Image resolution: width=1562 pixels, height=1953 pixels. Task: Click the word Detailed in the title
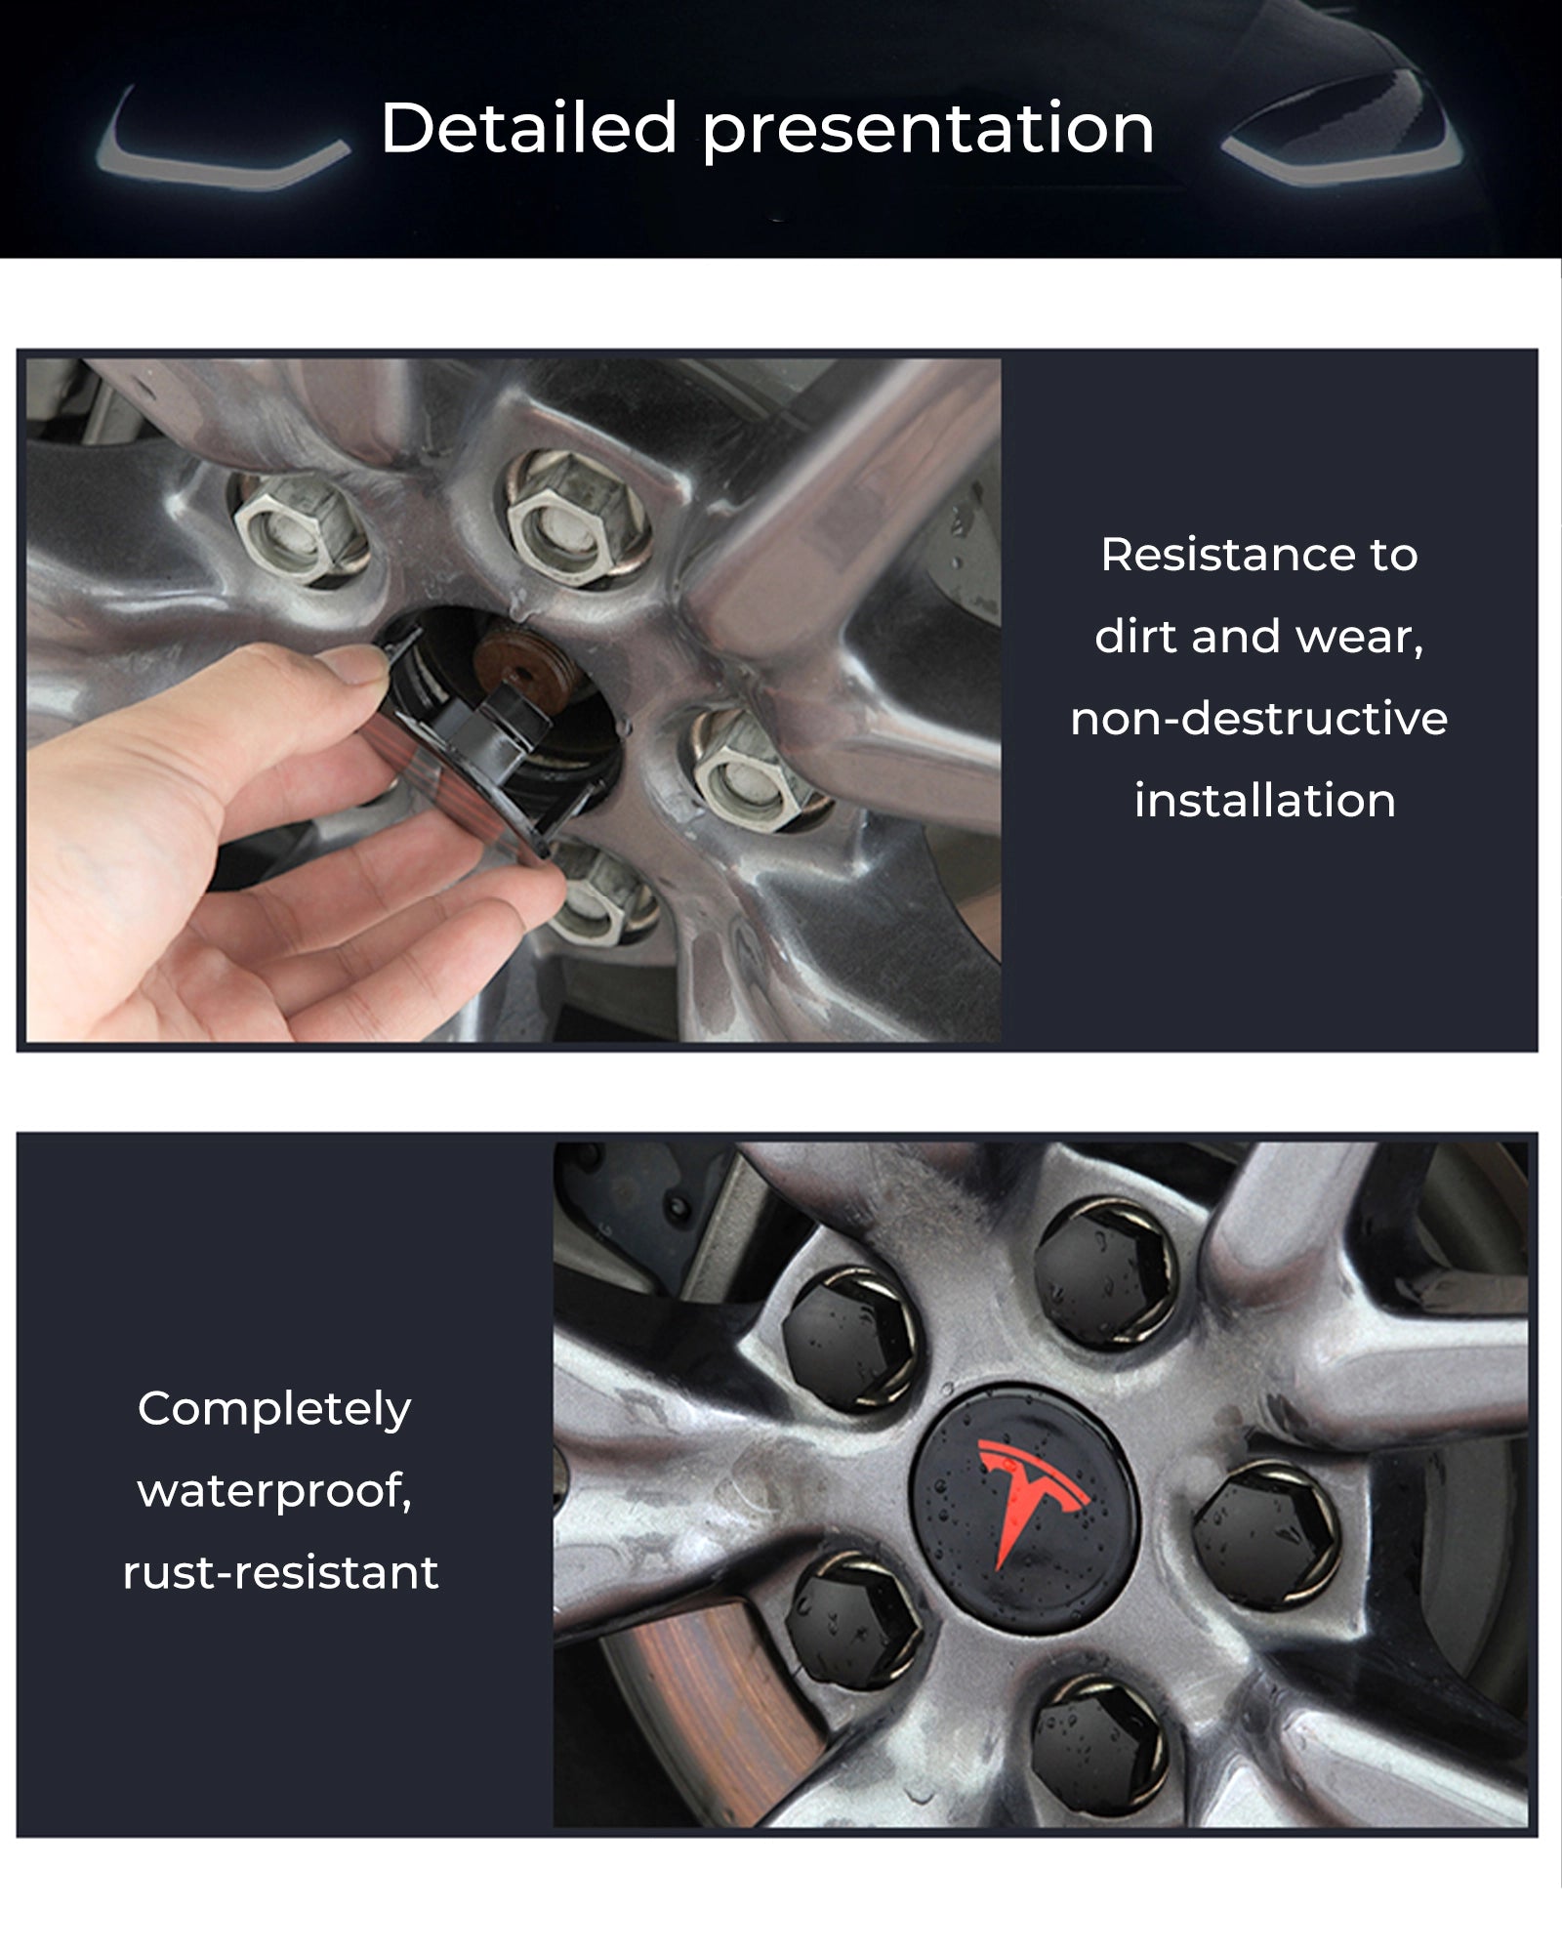point(528,128)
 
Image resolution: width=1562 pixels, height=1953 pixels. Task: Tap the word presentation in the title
point(928,132)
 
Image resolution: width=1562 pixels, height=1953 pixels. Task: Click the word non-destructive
point(1258,718)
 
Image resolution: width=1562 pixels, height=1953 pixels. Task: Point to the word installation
point(1264,800)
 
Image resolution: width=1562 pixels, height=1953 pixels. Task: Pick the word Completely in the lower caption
point(274,1410)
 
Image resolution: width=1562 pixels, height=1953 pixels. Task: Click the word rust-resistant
point(280,1572)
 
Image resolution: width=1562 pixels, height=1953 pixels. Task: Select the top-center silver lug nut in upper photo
point(578,517)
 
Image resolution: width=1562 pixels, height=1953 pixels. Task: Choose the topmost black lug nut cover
point(1107,1275)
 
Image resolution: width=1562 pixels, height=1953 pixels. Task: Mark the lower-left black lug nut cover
point(853,1620)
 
